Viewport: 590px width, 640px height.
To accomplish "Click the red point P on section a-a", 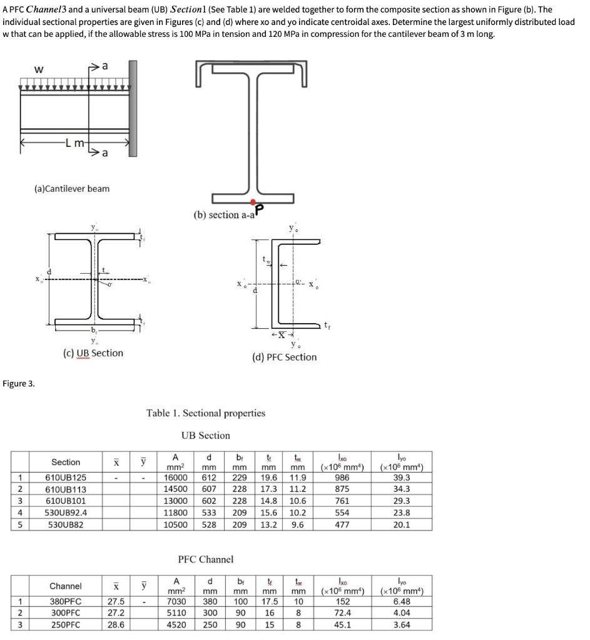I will click(x=252, y=202).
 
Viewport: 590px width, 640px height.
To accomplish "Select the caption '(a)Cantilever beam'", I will click(x=71, y=188).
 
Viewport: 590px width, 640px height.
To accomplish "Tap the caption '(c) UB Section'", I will click(x=93, y=353).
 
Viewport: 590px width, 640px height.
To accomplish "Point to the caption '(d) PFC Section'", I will click(x=284, y=357).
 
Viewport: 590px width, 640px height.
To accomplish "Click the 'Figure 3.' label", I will click(x=19, y=383).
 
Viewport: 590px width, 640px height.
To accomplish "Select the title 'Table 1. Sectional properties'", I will click(x=206, y=413).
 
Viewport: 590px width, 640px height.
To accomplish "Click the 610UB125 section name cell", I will click(x=65, y=478).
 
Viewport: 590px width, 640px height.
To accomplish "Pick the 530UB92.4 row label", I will click(x=65, y=513).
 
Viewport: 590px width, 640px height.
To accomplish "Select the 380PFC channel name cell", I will click(x=65, y=602).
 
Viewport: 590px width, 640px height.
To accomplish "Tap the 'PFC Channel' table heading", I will click(x=206, y=559).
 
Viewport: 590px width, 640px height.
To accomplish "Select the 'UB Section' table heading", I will click(x=206, y=435).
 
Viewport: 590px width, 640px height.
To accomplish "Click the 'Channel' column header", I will click(x=65, y=586).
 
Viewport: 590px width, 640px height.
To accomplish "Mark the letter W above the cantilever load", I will click(x=39, y=69).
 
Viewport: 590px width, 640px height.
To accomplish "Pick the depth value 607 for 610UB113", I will click(x=211, y=490).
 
